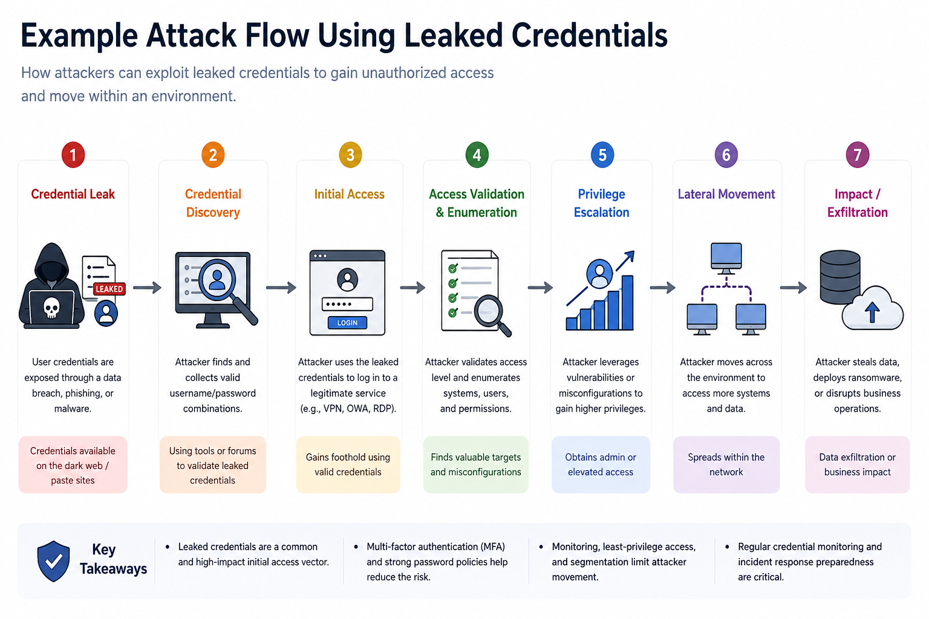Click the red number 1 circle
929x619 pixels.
point(73,155)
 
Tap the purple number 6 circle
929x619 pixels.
point(726,155)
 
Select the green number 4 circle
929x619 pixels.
point(477,155)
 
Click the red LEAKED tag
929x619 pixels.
point(109,289)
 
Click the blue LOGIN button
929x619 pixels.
point(347,323)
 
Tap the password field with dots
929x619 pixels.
point(347,304)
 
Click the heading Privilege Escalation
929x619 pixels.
point(601,203)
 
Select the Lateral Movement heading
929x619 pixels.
point(726,194)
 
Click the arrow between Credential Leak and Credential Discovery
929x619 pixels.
point(147,287)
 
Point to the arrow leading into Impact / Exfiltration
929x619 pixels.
point(794,287)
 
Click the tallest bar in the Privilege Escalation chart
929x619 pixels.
point(627,302)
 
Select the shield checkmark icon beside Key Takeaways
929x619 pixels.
point(53,561)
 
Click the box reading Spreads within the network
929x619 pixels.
point(726,464)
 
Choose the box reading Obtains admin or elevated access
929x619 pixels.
point(601,464)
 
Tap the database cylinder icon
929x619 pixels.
point(840,277)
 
